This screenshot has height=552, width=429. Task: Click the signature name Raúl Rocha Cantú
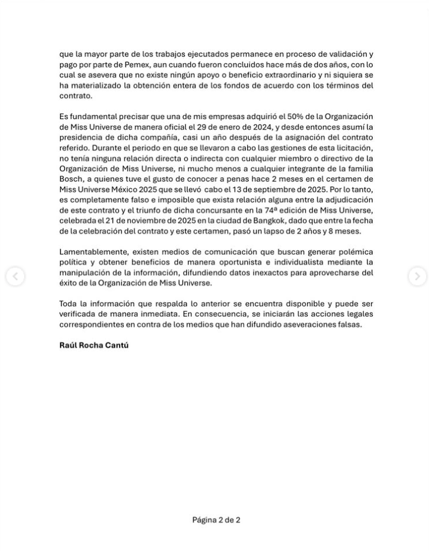point(94,346)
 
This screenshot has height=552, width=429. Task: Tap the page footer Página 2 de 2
point(216,520)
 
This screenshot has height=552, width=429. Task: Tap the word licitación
point(353,148)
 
